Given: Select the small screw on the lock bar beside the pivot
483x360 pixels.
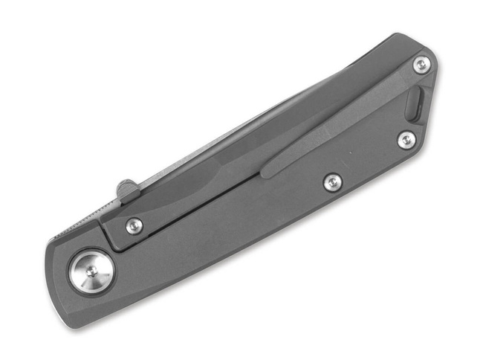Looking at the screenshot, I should (x=134, y=225).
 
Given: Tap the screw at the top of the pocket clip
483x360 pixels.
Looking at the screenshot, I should (x=421, y=65).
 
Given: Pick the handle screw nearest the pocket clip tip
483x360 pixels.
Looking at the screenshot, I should (x=332, y=181).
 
